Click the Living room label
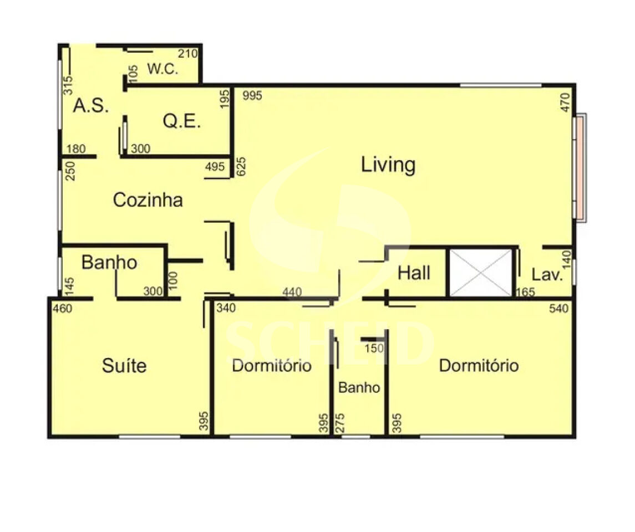(x=388, y=165)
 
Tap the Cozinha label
(x=148, y=200)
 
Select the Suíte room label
(x=124, y=365)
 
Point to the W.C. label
(x=163, y=69)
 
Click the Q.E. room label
(x=181, y=121)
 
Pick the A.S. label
(x=91, y=106)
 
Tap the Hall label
(x=414, y=273)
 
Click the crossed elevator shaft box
(x=481, y=273)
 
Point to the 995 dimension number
(x=252, y=95)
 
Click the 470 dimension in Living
(x=566, y=103)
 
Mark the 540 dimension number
(x=559, y=309)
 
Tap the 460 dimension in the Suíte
(x=62, y=309)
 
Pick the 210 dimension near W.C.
(x=187, y=53)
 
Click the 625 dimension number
(x=241, y=166)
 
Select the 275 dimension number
(x=340, y=423)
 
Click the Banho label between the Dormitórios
(x=359, y=387)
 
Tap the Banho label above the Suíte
(x=109, y=263)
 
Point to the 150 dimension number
(x=374, y=349)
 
